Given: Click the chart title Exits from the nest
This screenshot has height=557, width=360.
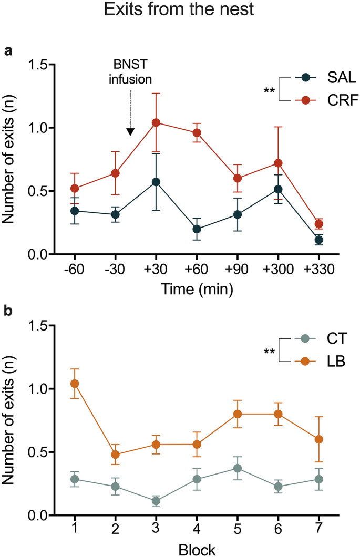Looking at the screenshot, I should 180,11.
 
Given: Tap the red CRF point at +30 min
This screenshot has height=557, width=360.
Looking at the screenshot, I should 156,122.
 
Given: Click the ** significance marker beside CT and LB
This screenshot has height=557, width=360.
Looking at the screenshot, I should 269,350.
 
